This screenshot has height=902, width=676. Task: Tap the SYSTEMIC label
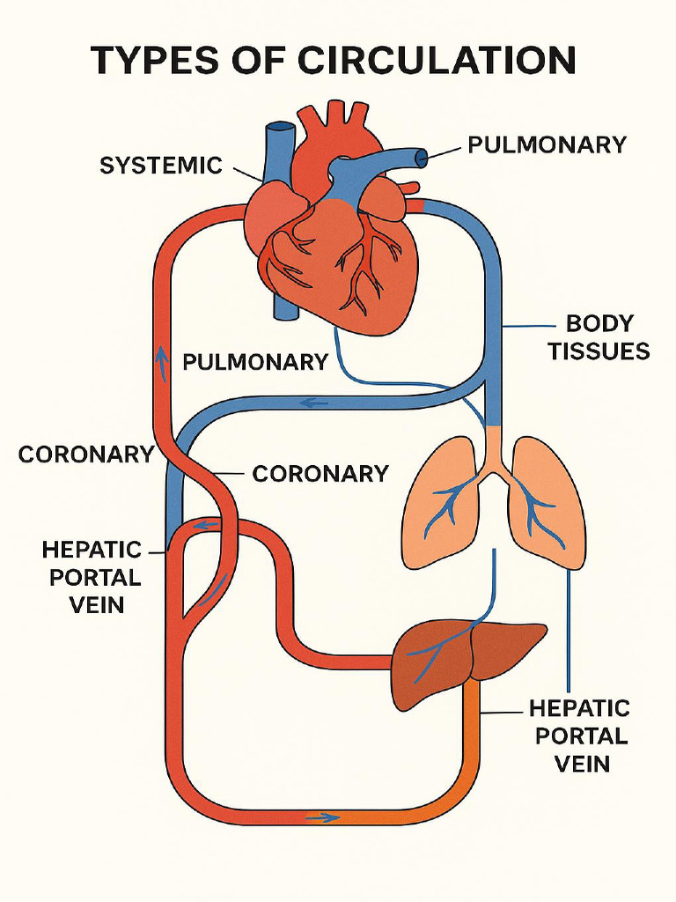click(x=160, y=165)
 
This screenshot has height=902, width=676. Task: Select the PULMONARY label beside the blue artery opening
click(x=547, y=144)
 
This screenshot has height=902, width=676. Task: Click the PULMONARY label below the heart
click(x=255, y=361)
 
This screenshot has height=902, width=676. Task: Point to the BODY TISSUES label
click(x=599, y=337)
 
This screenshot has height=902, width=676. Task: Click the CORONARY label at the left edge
click(x=86, y=455)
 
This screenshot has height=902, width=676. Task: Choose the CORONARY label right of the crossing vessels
click(x=320, y=473)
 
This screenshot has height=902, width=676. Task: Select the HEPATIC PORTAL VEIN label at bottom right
click(x=579, y=735)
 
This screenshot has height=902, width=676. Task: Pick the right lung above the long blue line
click(x=546, y=502)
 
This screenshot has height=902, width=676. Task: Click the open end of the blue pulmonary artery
click(x=422, y=159)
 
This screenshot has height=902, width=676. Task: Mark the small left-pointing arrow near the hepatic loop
click(x=206, y=526)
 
